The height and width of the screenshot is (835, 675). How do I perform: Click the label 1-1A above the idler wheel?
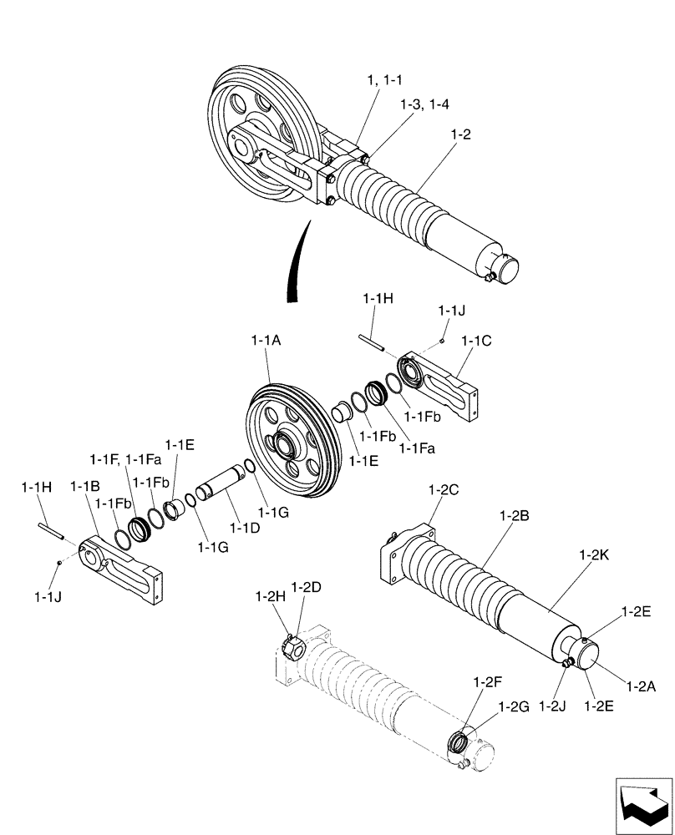coord(266,341)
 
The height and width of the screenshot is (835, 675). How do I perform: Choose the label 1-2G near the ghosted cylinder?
coord(514,706)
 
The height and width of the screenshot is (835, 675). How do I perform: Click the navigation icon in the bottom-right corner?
coord(643,803)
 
